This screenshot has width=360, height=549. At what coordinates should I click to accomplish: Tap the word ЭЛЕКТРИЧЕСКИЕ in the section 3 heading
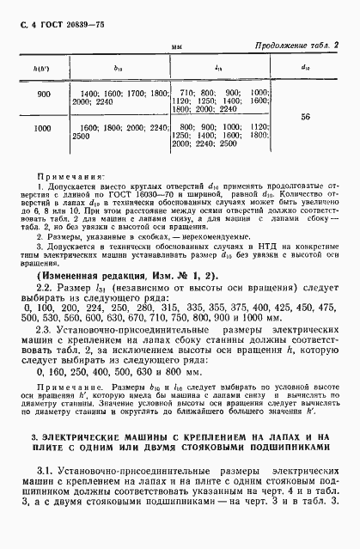[71, 437]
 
